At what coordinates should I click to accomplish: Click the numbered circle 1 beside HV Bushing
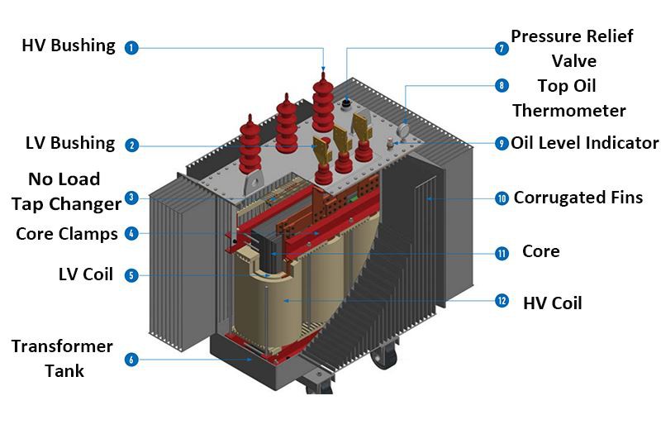click(x=131, y=48)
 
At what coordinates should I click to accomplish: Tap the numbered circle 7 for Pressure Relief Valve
click(x=502, y=49)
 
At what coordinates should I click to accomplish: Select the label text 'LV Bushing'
click(x=70, y=143)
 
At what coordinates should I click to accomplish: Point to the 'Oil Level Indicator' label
click(x=585, y=143)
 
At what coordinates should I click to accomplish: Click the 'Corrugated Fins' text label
click(x=578, y=198)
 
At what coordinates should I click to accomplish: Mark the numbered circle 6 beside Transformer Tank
click(x=131, y=360)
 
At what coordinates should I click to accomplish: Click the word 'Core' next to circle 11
click(x=540, y=251)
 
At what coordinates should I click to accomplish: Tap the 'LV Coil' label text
click(x=86, y=274)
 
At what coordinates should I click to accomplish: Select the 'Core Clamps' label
click(x=67, y=234)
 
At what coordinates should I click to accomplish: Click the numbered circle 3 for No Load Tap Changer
click(x=131, y=198)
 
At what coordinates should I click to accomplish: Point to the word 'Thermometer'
click(x=569, y=110)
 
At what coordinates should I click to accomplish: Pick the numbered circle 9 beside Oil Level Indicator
click(x=502, y=143)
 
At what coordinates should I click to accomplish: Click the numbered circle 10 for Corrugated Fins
click(x=502, y=198)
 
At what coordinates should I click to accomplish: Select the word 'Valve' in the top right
click(x=573, y=61)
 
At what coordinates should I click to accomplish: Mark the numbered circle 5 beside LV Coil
click(x=131, y=275)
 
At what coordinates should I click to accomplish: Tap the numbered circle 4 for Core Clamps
click(x=131, y=234)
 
